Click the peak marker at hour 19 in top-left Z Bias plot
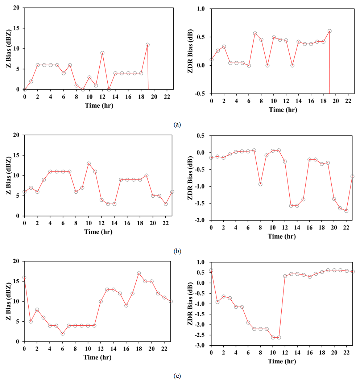148,45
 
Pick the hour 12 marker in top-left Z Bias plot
103,53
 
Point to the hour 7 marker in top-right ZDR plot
255,33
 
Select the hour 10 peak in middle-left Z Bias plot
89,164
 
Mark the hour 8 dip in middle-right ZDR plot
260,184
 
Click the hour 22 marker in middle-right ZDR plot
346,211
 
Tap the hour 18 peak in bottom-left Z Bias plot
139,273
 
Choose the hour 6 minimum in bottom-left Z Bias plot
63,334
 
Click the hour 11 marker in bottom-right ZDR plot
279,337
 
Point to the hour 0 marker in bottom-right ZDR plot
211,270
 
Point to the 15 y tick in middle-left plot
16,155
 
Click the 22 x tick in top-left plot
167,97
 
